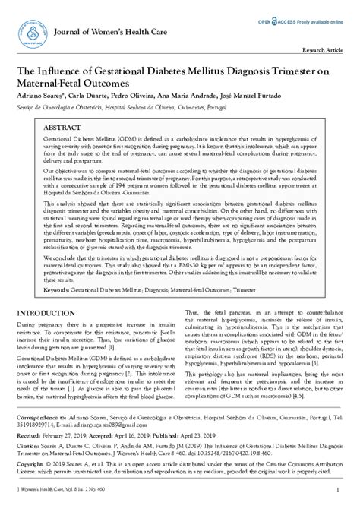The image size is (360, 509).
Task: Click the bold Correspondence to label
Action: [43, 419]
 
